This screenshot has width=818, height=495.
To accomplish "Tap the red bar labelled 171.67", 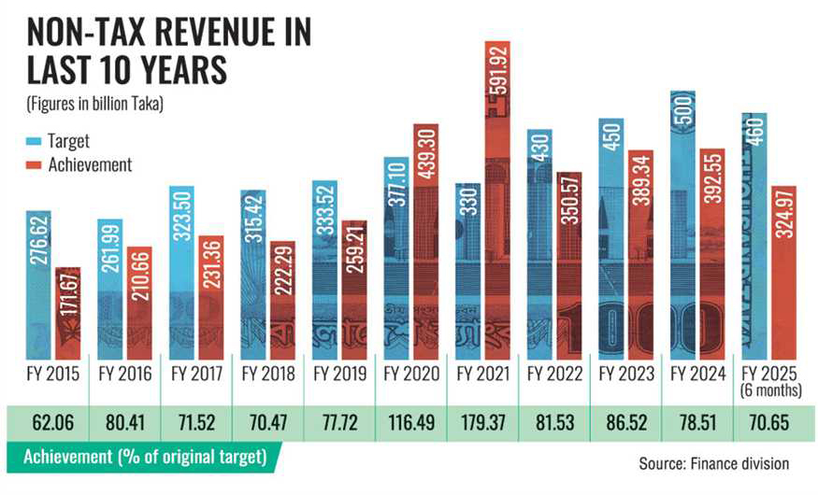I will point(68,313).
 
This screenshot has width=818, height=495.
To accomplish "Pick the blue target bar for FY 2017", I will point(182,271).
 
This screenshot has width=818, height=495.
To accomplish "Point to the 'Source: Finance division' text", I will point(713,462).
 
